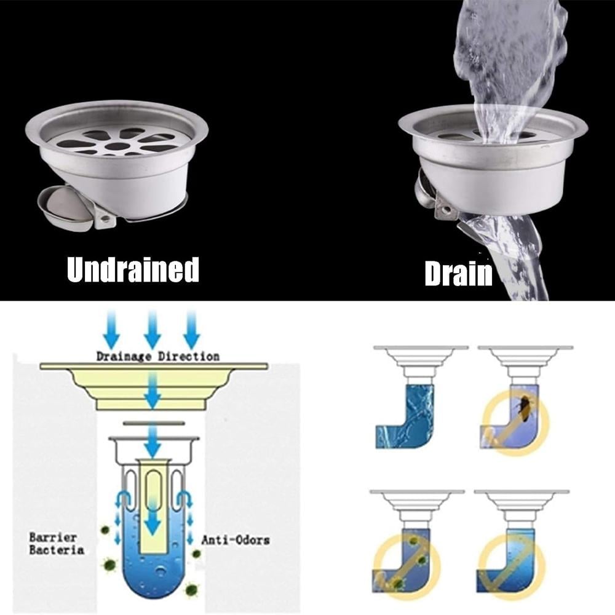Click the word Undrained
(133, 269)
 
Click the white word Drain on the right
(459, 273)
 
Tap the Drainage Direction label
(157, 357)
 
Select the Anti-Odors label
(236, 540)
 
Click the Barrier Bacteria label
(57, 543)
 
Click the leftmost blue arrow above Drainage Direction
(112, 328)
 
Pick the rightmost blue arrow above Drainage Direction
(191, 328)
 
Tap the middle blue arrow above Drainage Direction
(152, 328)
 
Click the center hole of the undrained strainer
(116, 147)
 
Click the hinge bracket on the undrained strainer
(105, 220)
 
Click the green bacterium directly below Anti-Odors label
(196, 554)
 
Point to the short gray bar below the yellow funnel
(153, 423)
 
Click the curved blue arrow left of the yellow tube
(123, 498)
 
